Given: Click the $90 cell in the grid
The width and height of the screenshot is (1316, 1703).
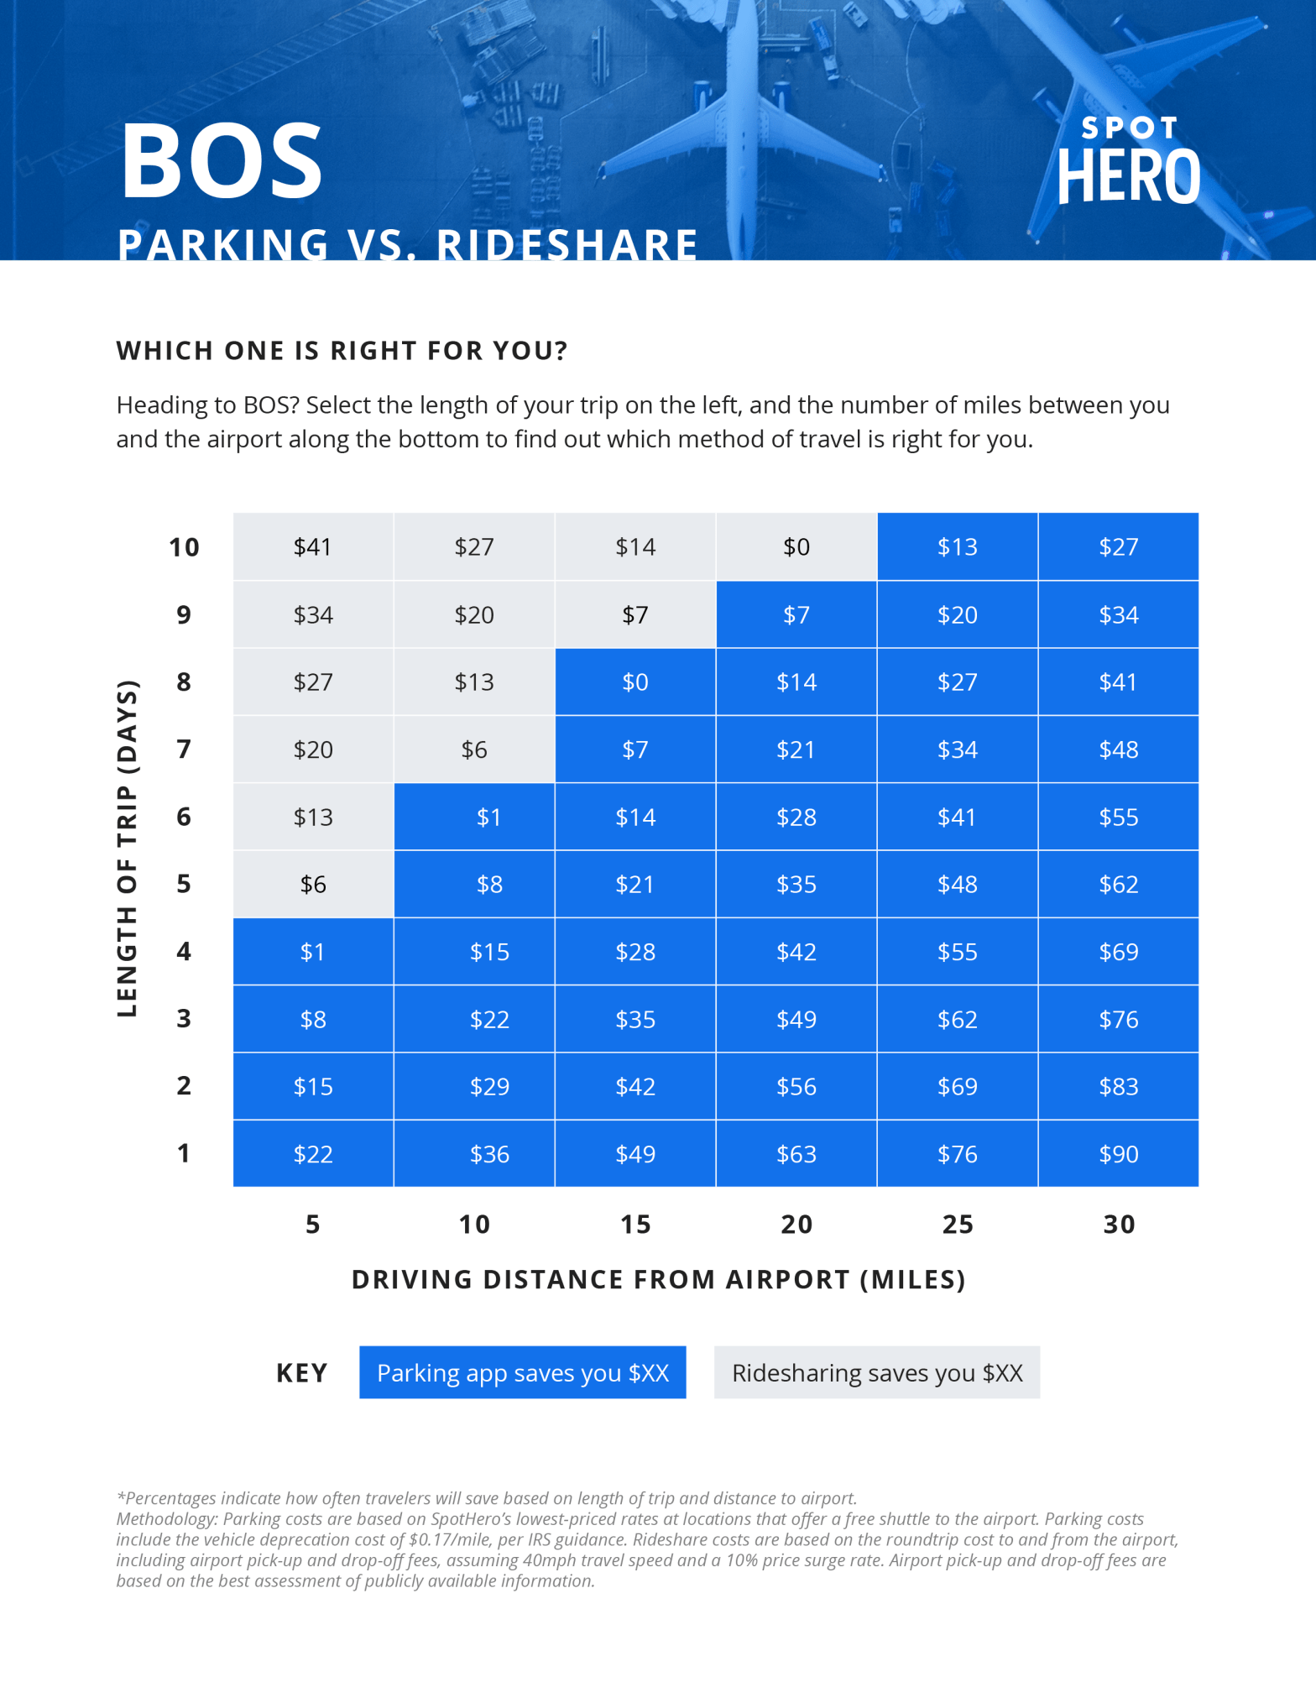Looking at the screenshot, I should pos(1118,1154).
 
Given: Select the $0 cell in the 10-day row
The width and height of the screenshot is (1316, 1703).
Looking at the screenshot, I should pos(796,547).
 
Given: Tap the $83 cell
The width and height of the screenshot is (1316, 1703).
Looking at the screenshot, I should pos(1118,1087).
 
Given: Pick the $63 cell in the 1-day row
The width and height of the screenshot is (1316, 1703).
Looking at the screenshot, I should pos(796,1154).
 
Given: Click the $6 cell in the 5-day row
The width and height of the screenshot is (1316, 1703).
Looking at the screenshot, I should pos(313,885).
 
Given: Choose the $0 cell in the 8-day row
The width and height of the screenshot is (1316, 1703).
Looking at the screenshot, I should pos(634,682).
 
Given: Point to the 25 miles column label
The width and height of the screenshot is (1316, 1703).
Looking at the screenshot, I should pos(957,1225).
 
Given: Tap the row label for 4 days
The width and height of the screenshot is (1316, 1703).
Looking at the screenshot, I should pos(184,952).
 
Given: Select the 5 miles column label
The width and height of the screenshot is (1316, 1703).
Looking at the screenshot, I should pos(313,1225).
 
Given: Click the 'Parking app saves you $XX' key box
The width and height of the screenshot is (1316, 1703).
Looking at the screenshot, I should pos(522,1373).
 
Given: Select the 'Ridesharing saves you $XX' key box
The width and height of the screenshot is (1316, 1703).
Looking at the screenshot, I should pos(876,1373).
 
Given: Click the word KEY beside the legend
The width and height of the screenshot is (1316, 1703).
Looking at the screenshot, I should pos(301,1373).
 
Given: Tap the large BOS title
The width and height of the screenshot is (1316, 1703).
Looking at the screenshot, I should pos(222,161).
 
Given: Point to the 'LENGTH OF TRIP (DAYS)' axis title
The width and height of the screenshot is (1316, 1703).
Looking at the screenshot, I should pos(127,849).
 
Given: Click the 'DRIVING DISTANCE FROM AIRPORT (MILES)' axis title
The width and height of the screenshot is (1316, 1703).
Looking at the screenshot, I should pos(659,1280).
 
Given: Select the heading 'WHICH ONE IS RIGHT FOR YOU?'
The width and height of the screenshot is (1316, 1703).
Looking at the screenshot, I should pos(342,351).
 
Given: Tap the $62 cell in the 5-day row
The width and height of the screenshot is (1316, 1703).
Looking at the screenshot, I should pos(1118,885).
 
